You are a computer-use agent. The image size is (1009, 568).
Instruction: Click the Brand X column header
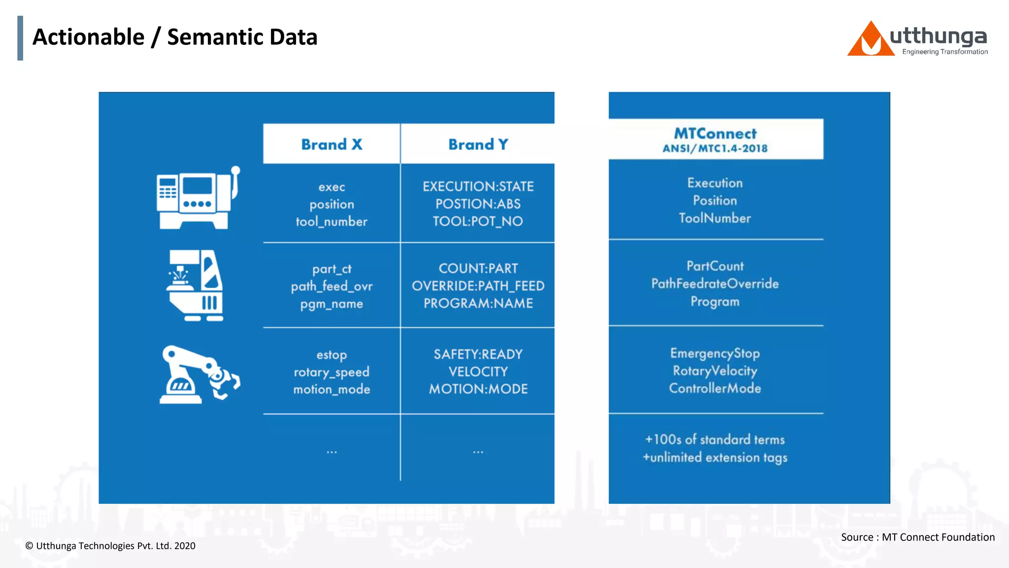click(x=332, y=144)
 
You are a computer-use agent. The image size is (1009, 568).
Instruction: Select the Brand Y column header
click(x=478, y=144)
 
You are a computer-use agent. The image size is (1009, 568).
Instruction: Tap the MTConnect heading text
click(x=715, y=134)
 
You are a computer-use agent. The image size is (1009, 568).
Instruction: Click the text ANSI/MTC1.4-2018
click(x=715, y=148)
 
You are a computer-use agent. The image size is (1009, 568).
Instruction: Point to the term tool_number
click(x=332, y=222)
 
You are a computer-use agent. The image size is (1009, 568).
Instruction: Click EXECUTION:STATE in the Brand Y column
click(x=478, y=186)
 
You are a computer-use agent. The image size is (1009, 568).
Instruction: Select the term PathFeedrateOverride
click(x=715, y=284)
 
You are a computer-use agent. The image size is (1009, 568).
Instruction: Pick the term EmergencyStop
click(x=715, y=354)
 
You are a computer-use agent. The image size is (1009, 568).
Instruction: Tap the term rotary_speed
click(x=332, y=372)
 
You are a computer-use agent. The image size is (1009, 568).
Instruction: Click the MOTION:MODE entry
click(x=478, y=389)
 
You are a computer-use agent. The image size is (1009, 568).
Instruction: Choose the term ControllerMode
click(x=715, y=389)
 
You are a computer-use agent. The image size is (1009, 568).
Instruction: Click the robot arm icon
click(x=199, y=374)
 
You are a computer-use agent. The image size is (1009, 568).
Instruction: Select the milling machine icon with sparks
click(x=196, y=285)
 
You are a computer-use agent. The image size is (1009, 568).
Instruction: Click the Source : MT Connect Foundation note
click(x=917, y=537)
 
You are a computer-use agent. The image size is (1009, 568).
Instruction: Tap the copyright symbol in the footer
click(x=30, y=546)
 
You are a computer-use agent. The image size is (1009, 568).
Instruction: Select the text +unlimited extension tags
click(x=715, y=458)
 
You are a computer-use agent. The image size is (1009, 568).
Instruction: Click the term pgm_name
click(x=332, y=304)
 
